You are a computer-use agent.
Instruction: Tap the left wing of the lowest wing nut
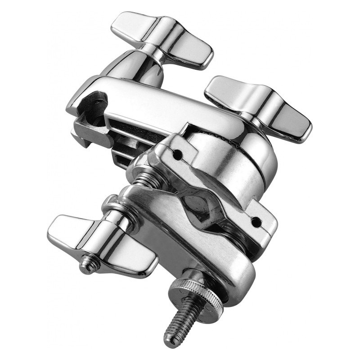[x=67, y=229]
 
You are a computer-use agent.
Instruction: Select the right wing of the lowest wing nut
[x=135, y=261]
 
